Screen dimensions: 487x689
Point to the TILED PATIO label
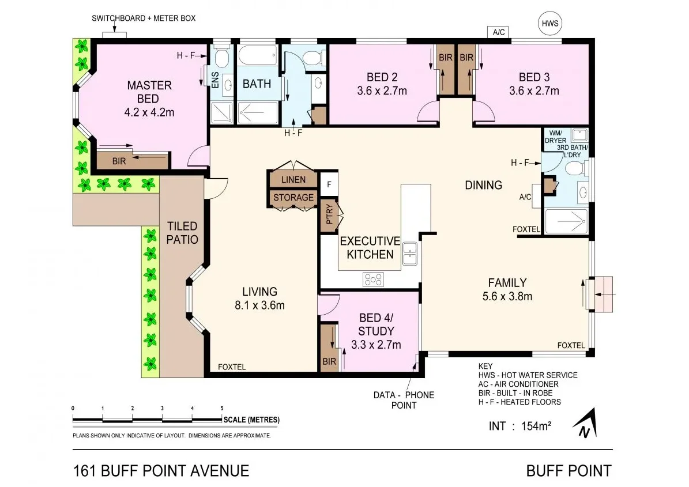click(182, 232)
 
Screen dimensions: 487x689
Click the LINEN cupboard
click(293, 179)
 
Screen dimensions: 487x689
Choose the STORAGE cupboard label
click(293, 198)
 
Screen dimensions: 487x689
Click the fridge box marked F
click(329, 185)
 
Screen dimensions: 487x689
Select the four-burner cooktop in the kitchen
click(373, 279)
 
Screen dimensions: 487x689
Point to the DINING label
click(484, 185)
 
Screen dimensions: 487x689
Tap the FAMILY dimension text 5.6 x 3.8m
click(507, 297)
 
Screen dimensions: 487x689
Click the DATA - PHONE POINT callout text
click(403, 400)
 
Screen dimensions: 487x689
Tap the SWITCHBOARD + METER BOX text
click(144, 18)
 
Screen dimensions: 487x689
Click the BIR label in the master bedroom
click(119, 161)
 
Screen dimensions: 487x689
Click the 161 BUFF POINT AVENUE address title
click(161, 470)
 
